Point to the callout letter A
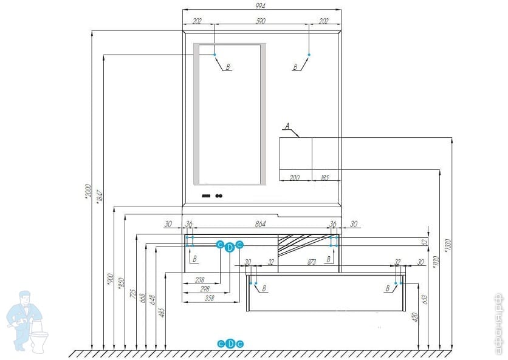pyautogui.click(x=288, y=127)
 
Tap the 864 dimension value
pyautogui.click(x=260, y=225)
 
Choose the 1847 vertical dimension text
pyautogui.click(x=100, y=196)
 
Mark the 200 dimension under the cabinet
pyautogui.click(x=295, y=178)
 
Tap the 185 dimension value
pyautogui.click(x=324, y=178)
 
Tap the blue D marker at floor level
pyautogui.click(x=230, y=344)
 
